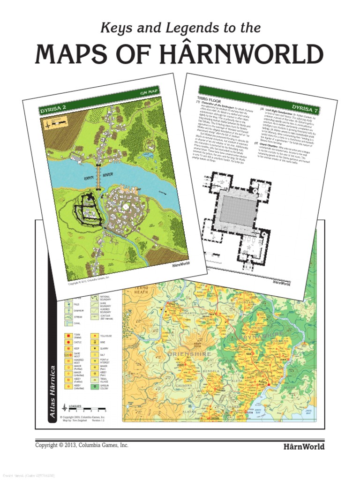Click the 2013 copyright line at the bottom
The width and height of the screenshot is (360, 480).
(82, 445)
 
